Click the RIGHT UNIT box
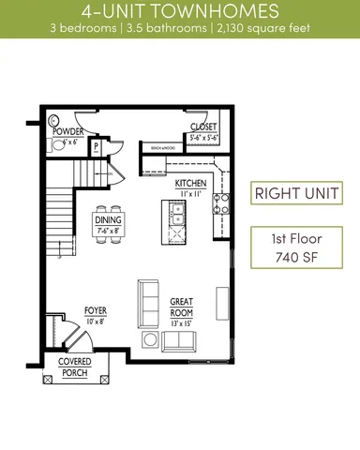[295, 195]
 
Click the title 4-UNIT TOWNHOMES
[179, 12]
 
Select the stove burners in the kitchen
[223, 200]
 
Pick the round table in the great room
[150, 339]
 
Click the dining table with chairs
[108, 224]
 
